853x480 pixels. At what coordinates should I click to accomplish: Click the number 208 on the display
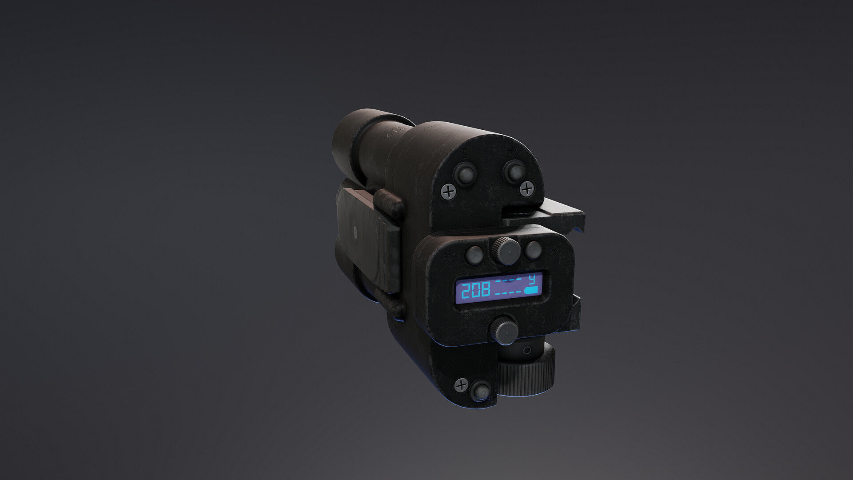(x=475, y=291)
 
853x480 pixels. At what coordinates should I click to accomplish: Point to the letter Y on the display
(x=533, y=279)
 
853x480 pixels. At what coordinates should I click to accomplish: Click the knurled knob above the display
(x=506, y=250)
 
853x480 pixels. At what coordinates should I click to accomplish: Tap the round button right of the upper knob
(x=533, y=250)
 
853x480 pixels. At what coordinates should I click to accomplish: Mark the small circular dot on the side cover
(x=355, y=230)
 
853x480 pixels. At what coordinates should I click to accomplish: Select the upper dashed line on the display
(x=509, y=281)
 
